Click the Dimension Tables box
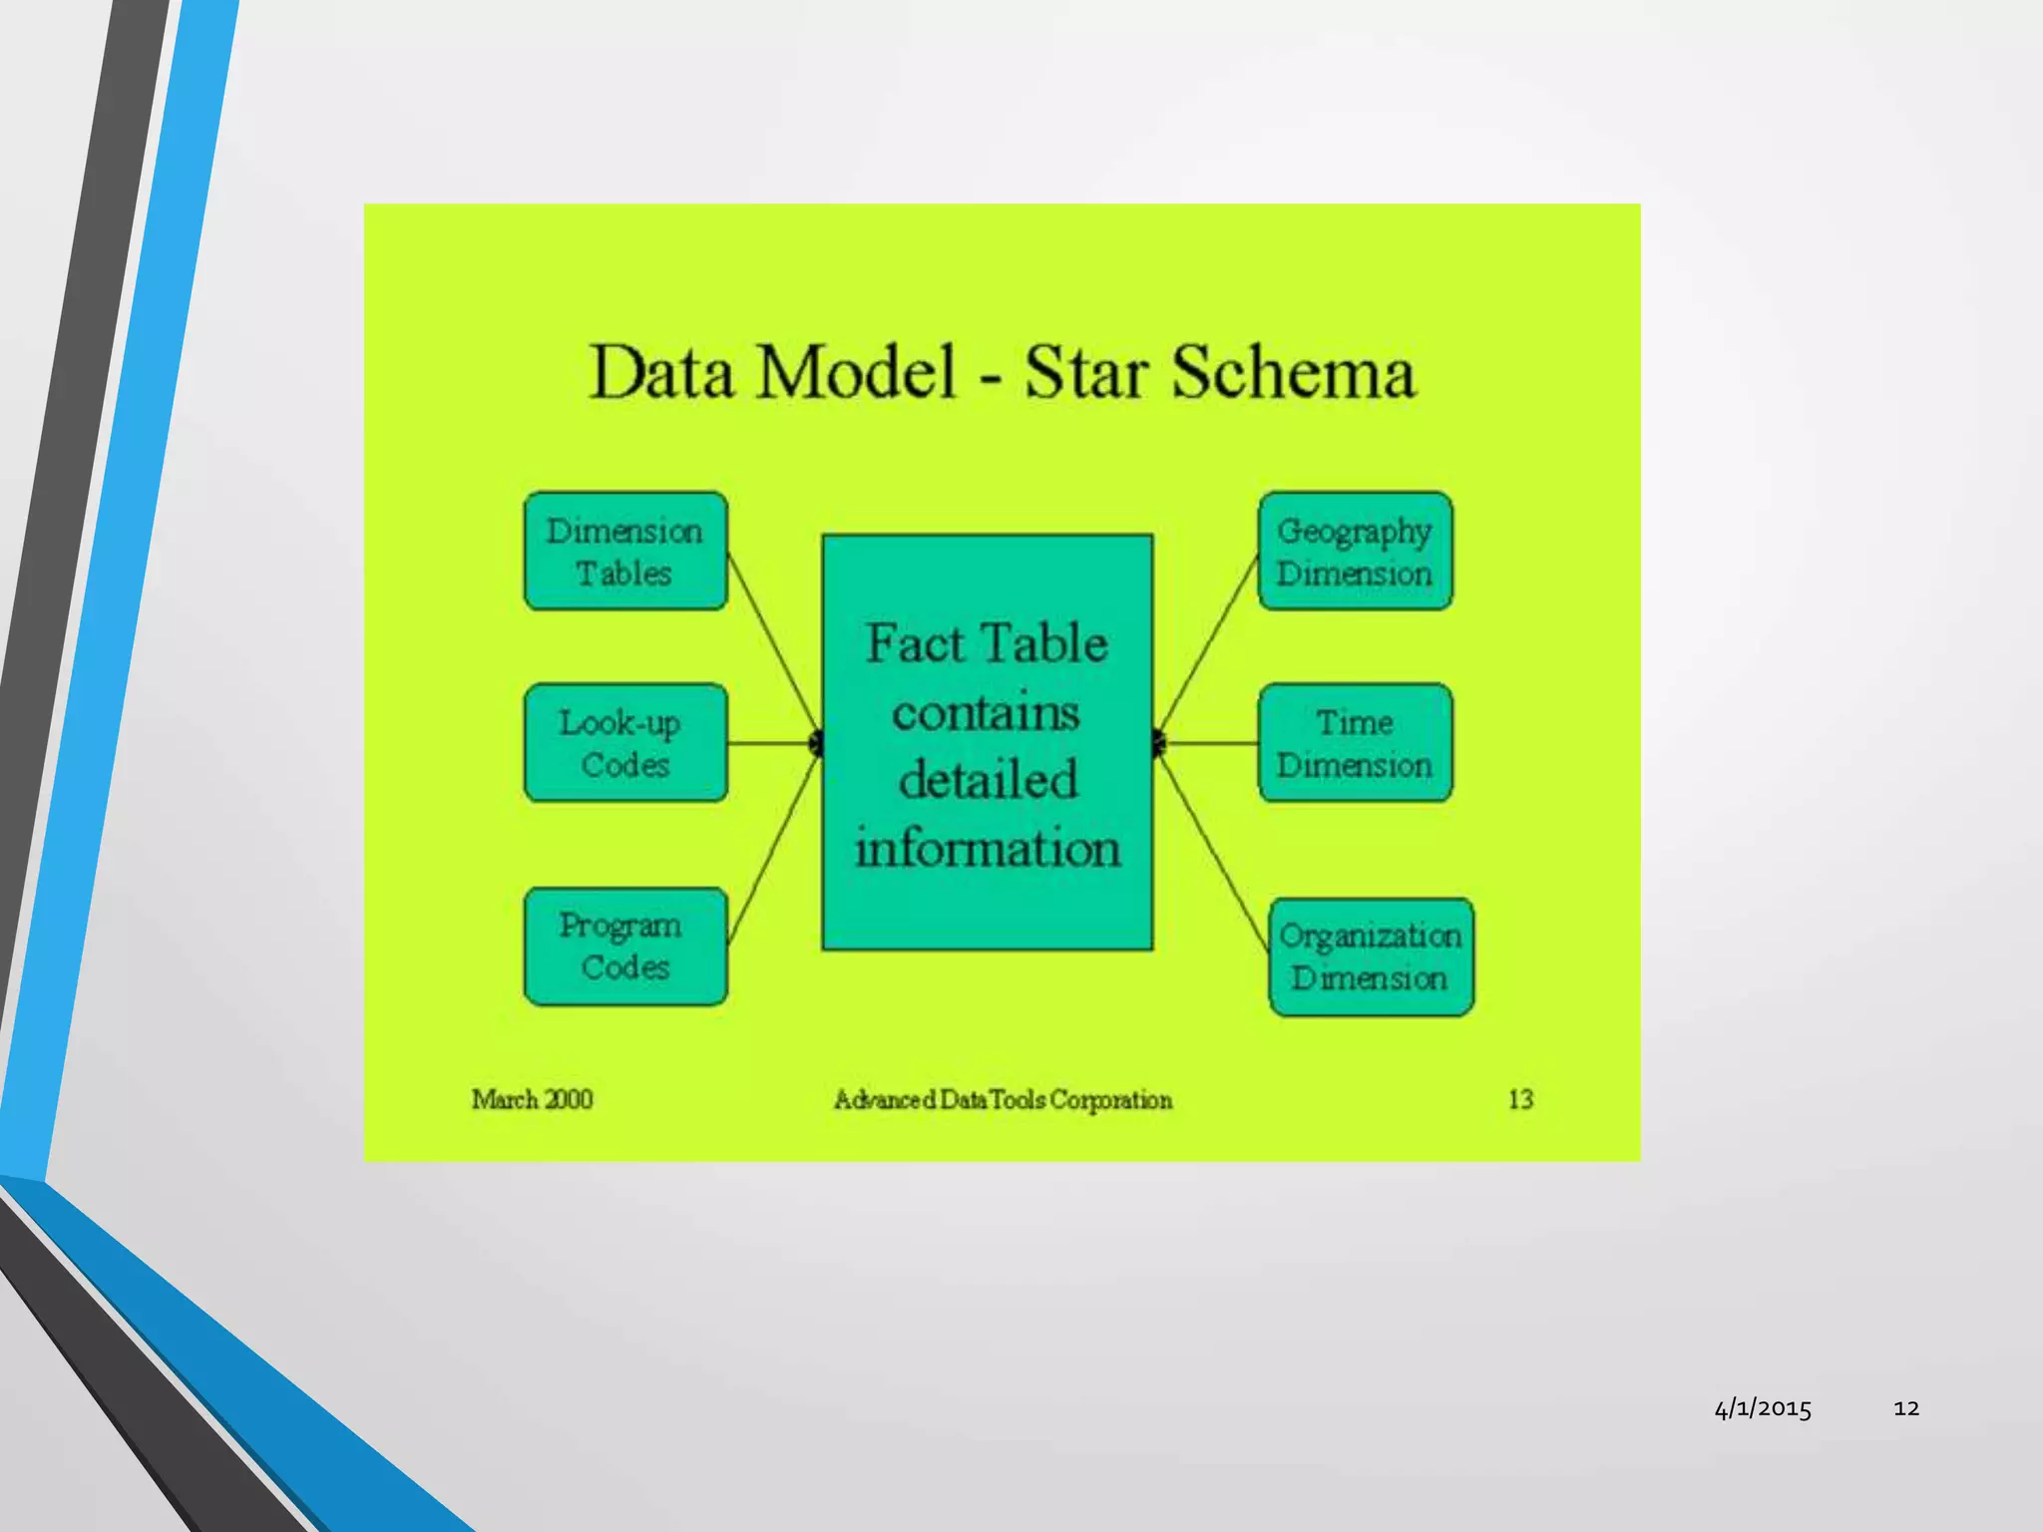pos(625,552)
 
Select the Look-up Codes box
pos(625,743)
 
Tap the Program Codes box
pos(625,947)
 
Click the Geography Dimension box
pos(1355,552)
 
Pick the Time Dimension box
pos(1355,743)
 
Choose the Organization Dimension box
pos(1371,957)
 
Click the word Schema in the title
pos(1293,373)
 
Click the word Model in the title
pos(856,373)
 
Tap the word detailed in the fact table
pos(988,780)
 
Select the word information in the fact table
pos(988,849)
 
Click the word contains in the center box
pos(986,712)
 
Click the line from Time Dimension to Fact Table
pos(1209,743)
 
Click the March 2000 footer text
pos(532,1099)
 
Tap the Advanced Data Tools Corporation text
pos(1003,1100)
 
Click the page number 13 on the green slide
pos(1520,1099)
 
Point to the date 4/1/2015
pos(1763,1408)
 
